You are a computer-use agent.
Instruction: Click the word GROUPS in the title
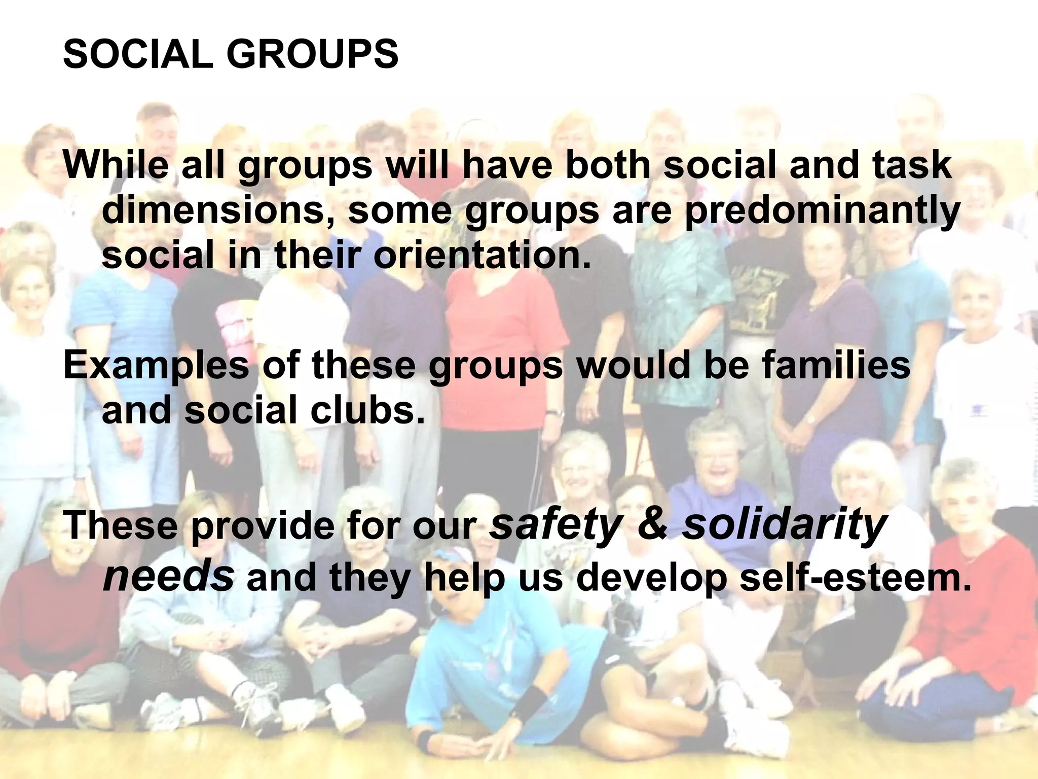(312, 54)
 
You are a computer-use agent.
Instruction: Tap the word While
(116, 165)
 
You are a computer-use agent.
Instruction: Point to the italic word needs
(168, 577)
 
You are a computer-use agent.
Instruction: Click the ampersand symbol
(653, 525)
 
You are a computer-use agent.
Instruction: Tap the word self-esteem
(855, 577)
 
